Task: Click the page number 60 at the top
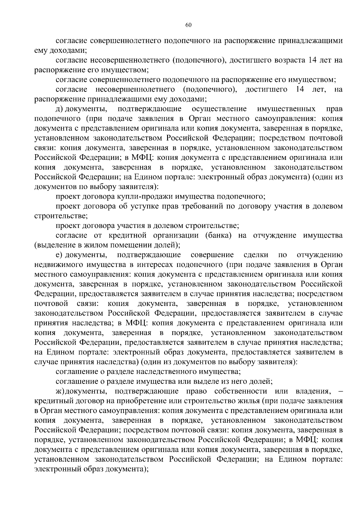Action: pyautogui.click(x=188, y=25)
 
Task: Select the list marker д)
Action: pyautogui.click(x=60, y=109)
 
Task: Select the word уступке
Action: pyautogui.click(x=142, y=206)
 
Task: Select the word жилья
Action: pyautogui.click(x=248, y=401)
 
